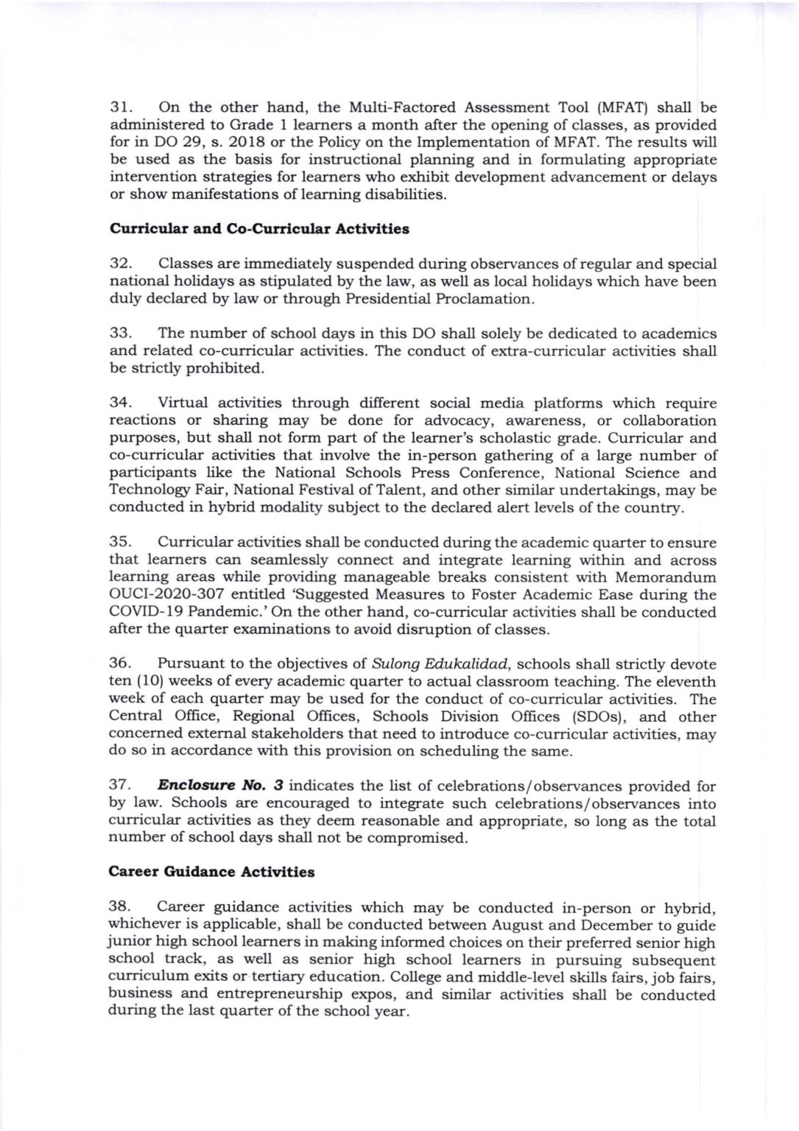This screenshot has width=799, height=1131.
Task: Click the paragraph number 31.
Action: click(120, 108)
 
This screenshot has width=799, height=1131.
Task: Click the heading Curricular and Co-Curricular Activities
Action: click(259, 229)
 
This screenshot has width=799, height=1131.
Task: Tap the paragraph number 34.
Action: click(120, 404)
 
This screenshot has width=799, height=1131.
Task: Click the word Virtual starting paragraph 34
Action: click(183, 404)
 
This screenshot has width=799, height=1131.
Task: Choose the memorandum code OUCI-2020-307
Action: click(161, 595)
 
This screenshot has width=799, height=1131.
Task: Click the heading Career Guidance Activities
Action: click(211, 873)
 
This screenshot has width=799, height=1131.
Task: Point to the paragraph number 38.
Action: click(119, 908)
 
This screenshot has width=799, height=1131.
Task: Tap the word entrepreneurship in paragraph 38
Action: click(277, 994)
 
